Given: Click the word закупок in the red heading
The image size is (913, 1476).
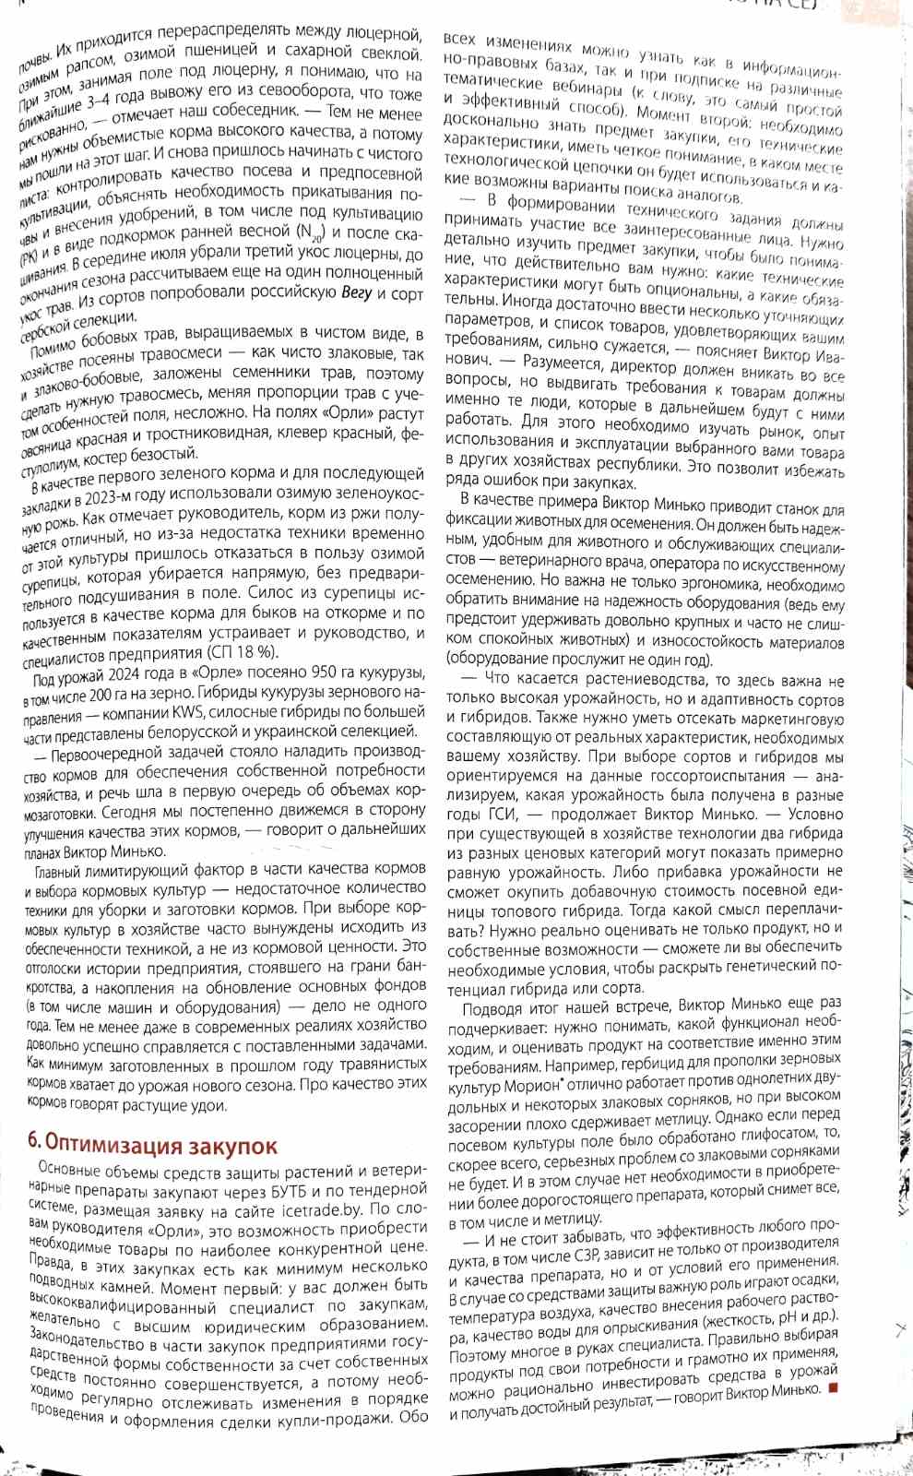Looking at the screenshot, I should coord(231,1146).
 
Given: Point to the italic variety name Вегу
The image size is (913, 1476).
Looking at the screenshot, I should coord(356,294).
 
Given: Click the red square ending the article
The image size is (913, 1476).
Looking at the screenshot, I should coord(832,1389).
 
